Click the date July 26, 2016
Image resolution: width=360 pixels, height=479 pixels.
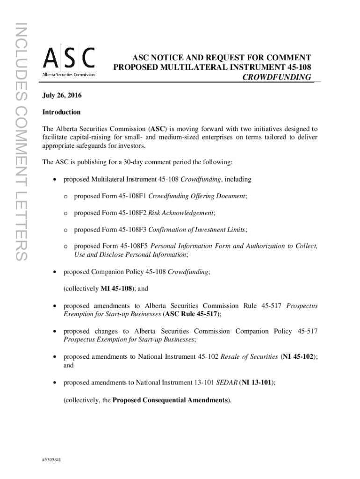[x=62, y=95]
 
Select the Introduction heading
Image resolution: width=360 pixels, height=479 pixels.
[x=61, y=112]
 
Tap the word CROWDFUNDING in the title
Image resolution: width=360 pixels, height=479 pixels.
[x=276, y=77]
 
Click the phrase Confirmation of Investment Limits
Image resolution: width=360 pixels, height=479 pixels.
[x=197, y=229]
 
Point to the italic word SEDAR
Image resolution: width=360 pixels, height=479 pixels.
[x=224, y=382]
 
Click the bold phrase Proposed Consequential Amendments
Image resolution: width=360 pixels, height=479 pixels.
[x=171, y=400]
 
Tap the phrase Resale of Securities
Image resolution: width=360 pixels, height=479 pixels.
[x=251, y=356]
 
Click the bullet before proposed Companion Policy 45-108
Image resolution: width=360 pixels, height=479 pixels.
[x=56, y=272]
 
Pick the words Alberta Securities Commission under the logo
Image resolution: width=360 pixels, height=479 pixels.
[x=69, y=74]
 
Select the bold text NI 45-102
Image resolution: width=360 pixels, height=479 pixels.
[x=299, y=356]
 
